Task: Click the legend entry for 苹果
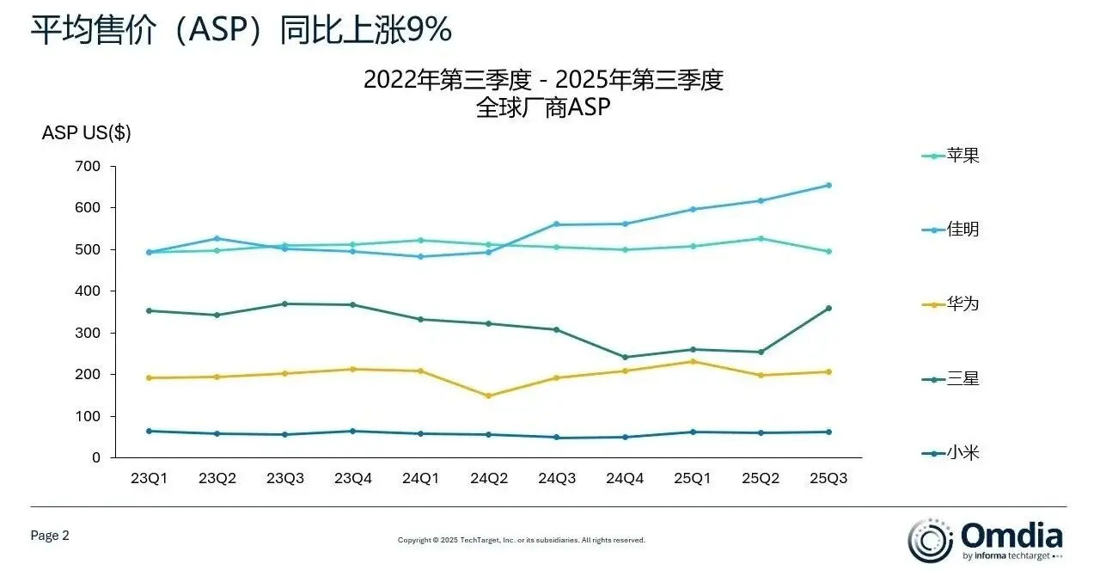pos(950,156)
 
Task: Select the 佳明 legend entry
pos(950,230)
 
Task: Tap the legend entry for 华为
pos(950,304)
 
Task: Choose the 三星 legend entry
pos(950,378)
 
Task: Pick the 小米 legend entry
pos(950,452)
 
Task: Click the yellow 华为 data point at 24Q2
pos(489,395)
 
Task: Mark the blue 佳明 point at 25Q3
pos(828,185)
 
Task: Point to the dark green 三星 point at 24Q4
pos(625,357)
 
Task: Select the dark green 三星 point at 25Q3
pos(828,308)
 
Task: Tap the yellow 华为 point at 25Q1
pos(693,361)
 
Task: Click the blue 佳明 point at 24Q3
pos(557,224)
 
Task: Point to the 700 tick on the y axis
pos(89,166)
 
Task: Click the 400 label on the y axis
pos(89,291)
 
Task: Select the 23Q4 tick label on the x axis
pos(353,479)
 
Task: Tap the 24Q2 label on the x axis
pos(489,479)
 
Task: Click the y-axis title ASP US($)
pos(86,133)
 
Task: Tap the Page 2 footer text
pos(50,536)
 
